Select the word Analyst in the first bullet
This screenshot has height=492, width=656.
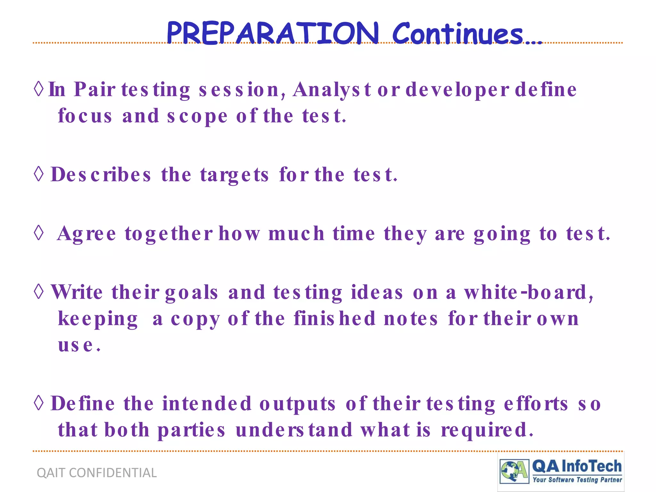click(x=332, y=90)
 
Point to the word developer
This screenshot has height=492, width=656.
click(x=457, y=90)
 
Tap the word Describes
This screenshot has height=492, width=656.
click(x=101, y=175)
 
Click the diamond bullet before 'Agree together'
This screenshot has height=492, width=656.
click(x=39, y=233)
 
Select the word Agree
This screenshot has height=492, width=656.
click(x=86, y=234)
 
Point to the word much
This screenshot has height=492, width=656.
click(x=296, y=234)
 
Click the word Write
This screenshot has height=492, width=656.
click(x=77, y=292)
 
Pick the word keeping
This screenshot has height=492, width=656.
click(x=98, y=319)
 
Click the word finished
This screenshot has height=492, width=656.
click(x=334, y=319)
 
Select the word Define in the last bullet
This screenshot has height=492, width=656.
click(x=83, y=404)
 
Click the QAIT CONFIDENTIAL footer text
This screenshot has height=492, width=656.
click(x=97, y=473)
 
